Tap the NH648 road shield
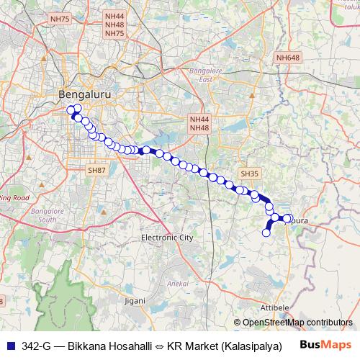(x=287, y=57)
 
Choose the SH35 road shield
(x=249, y=174)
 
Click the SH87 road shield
(x=96, y=170)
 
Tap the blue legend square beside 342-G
(x=9, y=346)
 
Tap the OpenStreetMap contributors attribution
(x=297, y=323)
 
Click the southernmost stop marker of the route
(x=266, y=233)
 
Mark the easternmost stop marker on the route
(x=289, y=218)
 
